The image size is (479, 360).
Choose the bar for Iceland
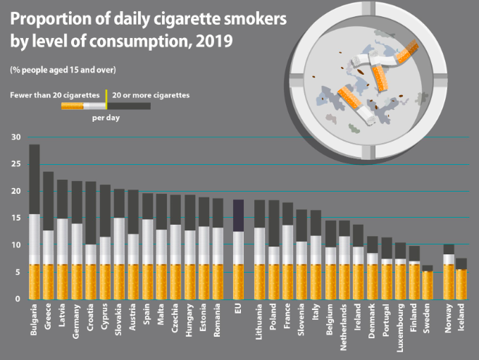pos(461,279)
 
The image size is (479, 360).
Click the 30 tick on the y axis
pos(15,137)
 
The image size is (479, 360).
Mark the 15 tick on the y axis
pos(15,218)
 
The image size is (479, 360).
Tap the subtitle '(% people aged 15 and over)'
pos(63,69)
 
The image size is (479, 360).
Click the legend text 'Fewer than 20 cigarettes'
pos(54,94)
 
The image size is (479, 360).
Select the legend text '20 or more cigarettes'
pos(151,94)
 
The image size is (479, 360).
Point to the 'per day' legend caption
pos(106,118)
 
